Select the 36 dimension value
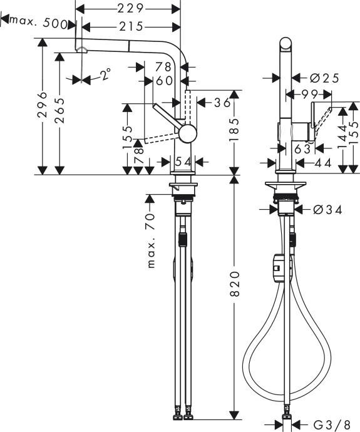click(x=219, y=103)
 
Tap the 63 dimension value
click(x=302, y=148)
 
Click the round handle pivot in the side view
click(x=187, y=133)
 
